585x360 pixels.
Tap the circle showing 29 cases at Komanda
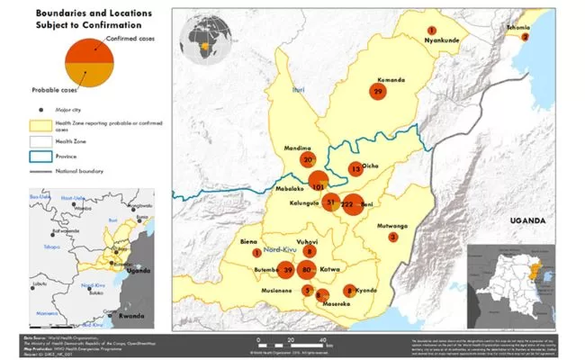pos(378,92)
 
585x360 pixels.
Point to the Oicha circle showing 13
pos(355,168)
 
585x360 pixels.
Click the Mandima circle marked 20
pos(309,159)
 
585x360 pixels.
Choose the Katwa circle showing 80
pos(308,269)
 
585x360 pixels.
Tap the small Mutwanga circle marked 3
pos(392,238)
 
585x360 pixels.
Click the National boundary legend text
pos(80,170)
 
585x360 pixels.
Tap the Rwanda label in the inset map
pos(131,315)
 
